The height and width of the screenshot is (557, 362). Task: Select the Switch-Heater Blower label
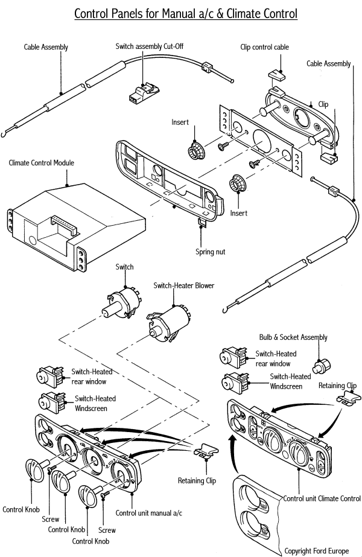click(x=184, y=285)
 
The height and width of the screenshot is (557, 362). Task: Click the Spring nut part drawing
click(x=202, y=224)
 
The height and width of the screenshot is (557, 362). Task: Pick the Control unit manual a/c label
click(x=149, y=513)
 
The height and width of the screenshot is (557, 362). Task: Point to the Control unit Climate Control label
click(x=322, y=498)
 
